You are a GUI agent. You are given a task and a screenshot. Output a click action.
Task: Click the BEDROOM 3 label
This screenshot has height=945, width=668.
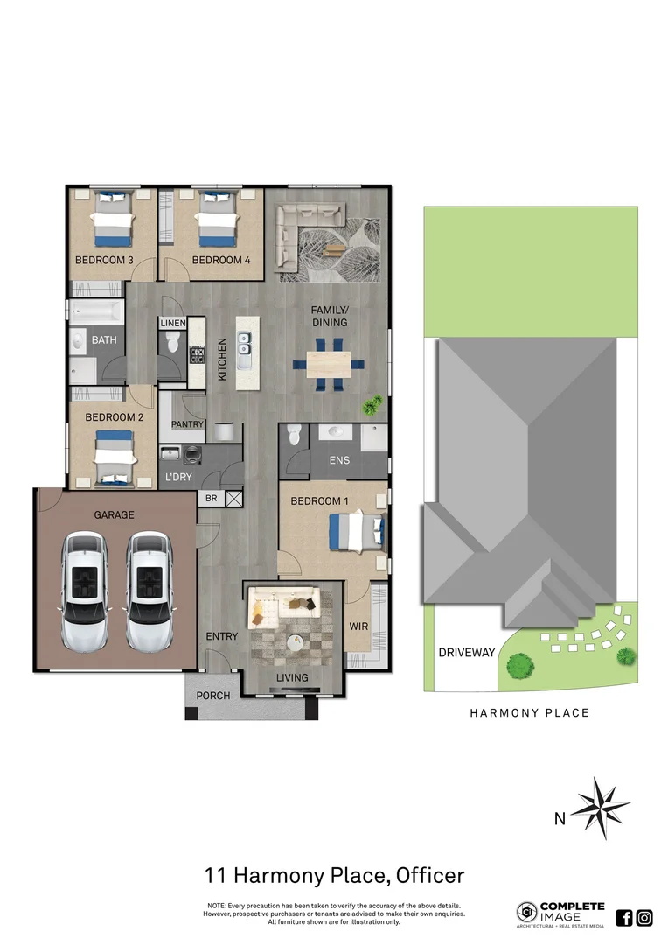(x=104, y=260)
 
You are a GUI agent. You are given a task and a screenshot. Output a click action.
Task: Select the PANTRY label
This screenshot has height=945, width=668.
(x=187, y=424)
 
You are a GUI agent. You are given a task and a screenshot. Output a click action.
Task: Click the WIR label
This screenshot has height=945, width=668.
(x=358, y=626)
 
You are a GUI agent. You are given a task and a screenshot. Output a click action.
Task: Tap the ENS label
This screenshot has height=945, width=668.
(x=340, y=459)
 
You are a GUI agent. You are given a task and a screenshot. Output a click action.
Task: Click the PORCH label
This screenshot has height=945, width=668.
(x=212, y=696)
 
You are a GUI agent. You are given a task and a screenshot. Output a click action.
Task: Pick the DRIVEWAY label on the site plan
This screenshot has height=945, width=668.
(x=467, y=653)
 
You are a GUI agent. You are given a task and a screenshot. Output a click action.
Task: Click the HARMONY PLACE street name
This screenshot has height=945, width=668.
(x=530, y=713)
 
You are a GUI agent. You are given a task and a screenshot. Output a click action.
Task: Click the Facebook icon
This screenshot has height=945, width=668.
(x=624, y=917)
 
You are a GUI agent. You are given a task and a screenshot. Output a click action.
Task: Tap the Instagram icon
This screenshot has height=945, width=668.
(x=644, y=917)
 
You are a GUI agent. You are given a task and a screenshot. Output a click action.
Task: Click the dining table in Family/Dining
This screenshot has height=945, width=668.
(x=329, y=363)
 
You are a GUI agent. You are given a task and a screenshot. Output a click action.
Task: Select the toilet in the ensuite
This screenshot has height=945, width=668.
(x=295, y=434)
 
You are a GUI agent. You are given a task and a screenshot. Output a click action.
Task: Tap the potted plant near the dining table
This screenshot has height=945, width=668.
(x=374, y=404)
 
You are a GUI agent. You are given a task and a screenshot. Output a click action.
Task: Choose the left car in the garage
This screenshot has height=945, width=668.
(x=85, y=591)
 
